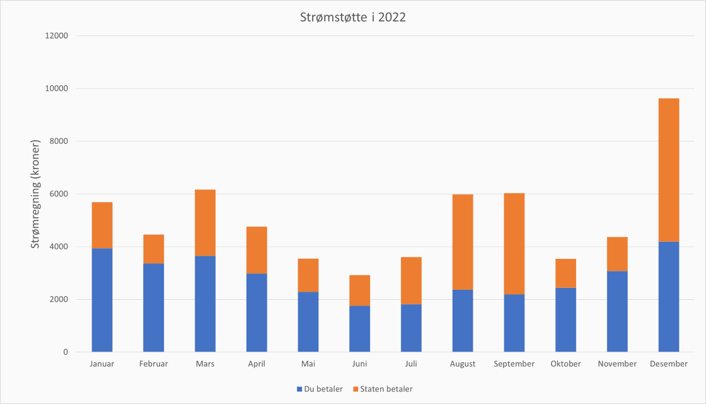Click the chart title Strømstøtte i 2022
tap(353, 18)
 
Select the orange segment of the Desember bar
tap(669, 170)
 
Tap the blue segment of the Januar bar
tap(102, 300)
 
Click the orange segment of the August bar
tap(463, 242)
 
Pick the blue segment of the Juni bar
tap(359, 328)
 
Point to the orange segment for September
tap(514, 244)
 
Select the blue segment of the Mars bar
tap(205, 304)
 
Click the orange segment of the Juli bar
tap(411, 280)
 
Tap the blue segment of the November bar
tap(617, 311)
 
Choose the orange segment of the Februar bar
tap(154, 249)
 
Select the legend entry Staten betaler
tap(383, 389)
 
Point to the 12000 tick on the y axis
tap(57, 36)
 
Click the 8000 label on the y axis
tap(59, 141)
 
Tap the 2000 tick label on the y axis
tap(59, 299)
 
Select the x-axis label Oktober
tap(565, 364)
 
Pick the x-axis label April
tap(257, 364)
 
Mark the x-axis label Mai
tap(308, 364)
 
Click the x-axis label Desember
tap(669, 364)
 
